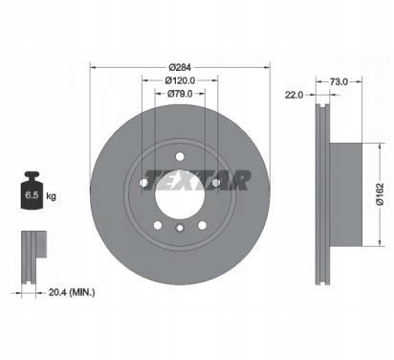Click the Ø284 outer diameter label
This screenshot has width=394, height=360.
180,67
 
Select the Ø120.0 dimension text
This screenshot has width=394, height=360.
180,80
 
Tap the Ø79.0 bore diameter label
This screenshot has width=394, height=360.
180,94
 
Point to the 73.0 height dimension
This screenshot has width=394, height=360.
339,82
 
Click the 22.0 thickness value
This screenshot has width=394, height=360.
294,95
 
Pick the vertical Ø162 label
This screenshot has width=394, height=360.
380,194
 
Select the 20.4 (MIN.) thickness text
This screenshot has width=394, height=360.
72,292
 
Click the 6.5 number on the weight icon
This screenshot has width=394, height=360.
32,195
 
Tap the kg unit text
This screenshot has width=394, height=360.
51,196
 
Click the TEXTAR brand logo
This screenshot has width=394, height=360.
197,180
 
